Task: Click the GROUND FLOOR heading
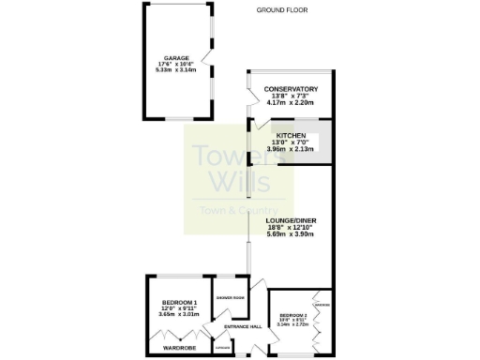[x=282, y=9]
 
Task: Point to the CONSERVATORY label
[x=291, y=89]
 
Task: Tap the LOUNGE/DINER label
[x=297, y=220]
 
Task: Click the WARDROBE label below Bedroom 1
[x=177, y=347]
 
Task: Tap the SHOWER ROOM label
[x=230, y=297]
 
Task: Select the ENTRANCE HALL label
[x=243, y=326]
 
